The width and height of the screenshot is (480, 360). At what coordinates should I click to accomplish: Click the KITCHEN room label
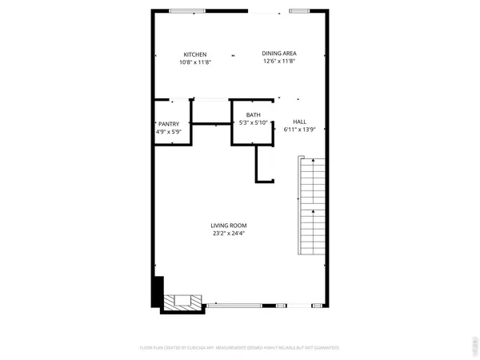[x=195, y=54]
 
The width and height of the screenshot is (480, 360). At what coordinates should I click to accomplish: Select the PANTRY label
[x=169, y=123]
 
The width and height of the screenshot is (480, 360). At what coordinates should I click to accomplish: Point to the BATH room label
[x=253, y=115]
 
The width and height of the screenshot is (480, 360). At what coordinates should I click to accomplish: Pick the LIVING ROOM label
[x=230, y=226]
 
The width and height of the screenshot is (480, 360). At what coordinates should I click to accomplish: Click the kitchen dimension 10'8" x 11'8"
[x=195, y=62]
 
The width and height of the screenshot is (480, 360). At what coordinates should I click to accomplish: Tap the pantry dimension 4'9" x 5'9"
[x=169, y=130]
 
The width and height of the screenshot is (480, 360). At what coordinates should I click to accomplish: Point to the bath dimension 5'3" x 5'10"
[x=253, y=123]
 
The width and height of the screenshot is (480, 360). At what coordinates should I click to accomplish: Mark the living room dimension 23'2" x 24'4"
[x=230, y=234]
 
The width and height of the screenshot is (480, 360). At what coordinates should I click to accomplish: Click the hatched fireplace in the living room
[x=183, y=302]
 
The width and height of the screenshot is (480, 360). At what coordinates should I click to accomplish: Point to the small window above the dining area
[x=297, y=11]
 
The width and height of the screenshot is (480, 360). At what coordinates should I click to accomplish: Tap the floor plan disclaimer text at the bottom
[x=240, y=348]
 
